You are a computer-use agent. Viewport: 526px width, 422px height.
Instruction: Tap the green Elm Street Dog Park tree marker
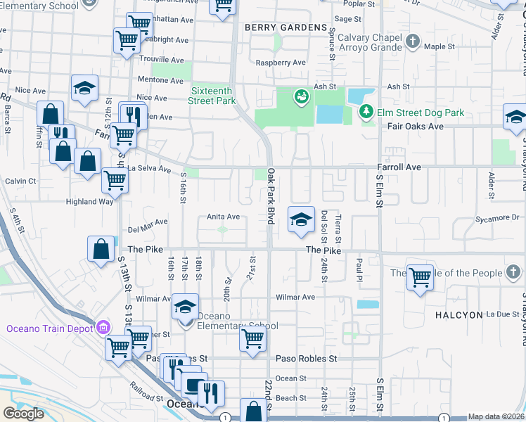point(366,111)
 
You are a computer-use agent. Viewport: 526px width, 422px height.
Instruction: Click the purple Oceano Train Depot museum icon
point(104,327)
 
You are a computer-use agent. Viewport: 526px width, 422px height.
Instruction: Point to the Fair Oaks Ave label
point(416,127)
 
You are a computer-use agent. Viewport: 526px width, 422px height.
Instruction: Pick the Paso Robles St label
point(307,359)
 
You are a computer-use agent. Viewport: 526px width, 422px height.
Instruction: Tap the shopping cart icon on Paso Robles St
point(252,338)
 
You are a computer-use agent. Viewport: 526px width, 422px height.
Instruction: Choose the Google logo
point(23,414)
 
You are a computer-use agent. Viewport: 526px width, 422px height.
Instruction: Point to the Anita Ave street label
point(223,217)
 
